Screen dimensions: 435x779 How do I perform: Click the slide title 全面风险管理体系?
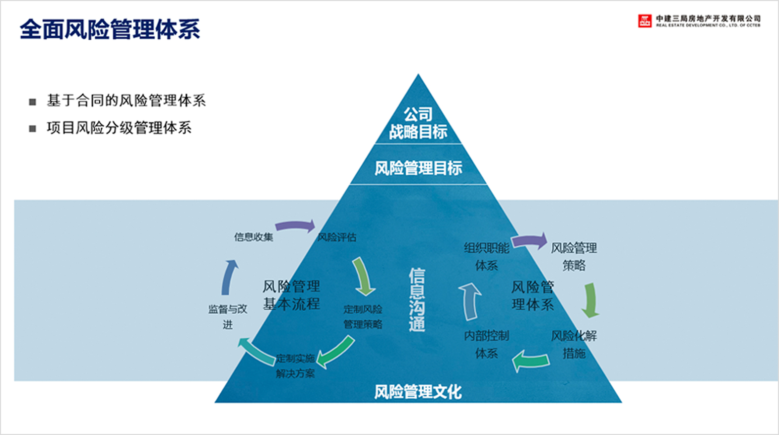[x=110, y=29]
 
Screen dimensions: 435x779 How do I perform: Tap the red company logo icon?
[x=644, y=21]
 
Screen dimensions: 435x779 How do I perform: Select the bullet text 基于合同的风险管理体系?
[x=126, y=101]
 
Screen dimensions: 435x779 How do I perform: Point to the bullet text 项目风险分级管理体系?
[x=119, y=128]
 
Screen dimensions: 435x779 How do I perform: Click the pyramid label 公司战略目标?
[x=418, y=123]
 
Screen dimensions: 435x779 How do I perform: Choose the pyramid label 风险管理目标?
[x=418, y=168]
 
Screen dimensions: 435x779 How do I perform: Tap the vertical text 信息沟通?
[x=417, y=300]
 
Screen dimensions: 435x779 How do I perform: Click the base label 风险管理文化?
[x=418, y=392]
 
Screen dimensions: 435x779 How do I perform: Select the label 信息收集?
[x=253, y=237]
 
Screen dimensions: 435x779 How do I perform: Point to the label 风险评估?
[x=337, y=237]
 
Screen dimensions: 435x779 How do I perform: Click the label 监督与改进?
[x=228, y=316]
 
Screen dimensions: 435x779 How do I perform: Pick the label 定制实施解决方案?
[x=295, y=366]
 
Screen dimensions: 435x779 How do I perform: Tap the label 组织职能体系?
[x=486, y=256]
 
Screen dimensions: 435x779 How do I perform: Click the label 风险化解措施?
[x=573, y=344]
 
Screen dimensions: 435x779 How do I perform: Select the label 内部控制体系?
[x=486, y=344]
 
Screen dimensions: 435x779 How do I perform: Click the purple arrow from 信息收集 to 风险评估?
[x=296, y=226]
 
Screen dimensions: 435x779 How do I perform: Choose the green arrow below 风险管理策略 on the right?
[x=590, y=300]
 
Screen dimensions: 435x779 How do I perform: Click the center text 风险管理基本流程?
[x=291, y=295]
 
